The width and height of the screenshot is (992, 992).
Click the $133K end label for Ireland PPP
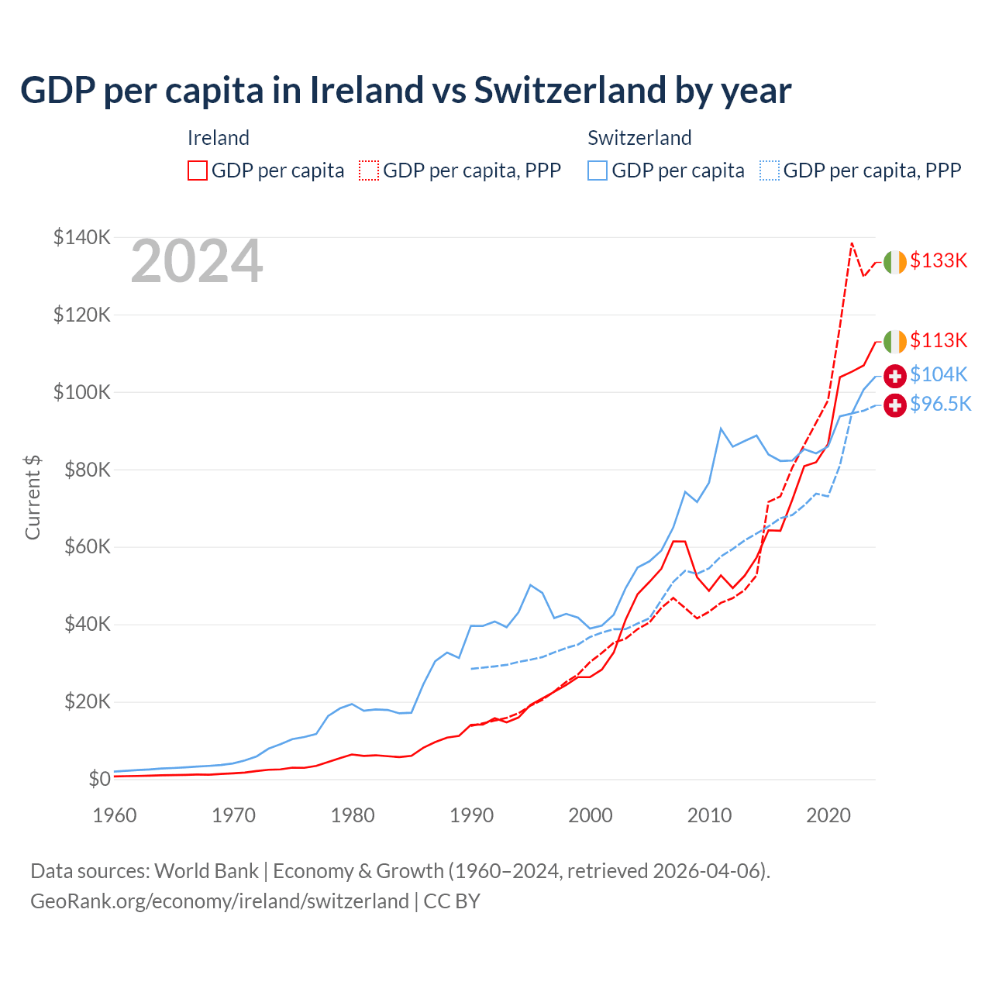939,261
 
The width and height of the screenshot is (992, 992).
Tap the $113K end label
939,341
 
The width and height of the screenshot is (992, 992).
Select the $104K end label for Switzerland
939,375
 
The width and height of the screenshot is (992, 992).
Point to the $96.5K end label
940,405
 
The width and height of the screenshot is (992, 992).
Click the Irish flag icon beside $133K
895,263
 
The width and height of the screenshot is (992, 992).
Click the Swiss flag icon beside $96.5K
895,405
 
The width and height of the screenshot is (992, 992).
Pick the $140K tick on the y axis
81,238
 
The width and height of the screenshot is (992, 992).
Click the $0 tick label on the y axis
99,780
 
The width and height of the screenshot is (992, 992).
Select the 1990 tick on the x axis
471,816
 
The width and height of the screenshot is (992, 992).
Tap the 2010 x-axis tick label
709,816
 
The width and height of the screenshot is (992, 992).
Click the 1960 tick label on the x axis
115,816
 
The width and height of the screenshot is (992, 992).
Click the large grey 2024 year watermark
197,262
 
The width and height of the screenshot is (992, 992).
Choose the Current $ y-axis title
33,498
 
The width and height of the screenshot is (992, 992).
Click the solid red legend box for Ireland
198,170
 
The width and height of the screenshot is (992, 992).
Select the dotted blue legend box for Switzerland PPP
770,170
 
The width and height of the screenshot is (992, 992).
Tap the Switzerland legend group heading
639,138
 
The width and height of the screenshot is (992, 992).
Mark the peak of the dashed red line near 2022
852,243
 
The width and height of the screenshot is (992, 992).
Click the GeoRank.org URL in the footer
219,901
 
